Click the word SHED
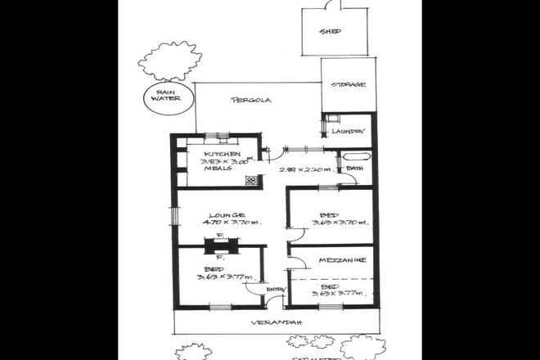coord(331,32)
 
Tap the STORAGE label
coord(348,85)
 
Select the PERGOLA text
coord(250,101)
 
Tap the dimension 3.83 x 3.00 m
coord(223,161)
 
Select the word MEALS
coord(217,169)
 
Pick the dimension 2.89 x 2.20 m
coord(305,170)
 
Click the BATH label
coord(354,169)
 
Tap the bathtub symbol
coord(356,155)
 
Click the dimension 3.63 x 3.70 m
coord(331,223)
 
